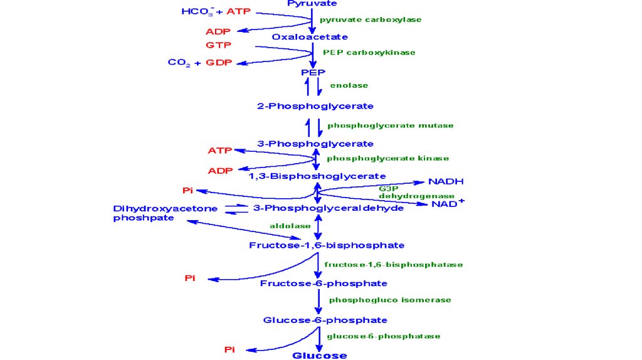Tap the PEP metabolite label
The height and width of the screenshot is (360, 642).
[313, 72]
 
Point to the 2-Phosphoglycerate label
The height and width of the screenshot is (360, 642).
[315, 106]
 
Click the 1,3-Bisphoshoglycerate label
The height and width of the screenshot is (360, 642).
[317, 176]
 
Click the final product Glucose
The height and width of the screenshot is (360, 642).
[320, 356]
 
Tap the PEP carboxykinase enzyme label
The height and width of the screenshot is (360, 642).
[369, 53]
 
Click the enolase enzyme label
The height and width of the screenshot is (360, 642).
[349, 85]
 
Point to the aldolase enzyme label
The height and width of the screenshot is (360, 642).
[290, 226]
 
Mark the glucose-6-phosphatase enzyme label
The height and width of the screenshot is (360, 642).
[383, 336]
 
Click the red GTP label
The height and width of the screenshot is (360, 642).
[218, 45]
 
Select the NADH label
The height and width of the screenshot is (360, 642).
[446, 182]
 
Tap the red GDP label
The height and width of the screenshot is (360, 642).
[217, 63]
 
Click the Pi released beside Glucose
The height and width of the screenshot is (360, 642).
[230, 349]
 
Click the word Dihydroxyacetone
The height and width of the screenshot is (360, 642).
[166, 208]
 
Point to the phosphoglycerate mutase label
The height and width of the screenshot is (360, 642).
[390, 125]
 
